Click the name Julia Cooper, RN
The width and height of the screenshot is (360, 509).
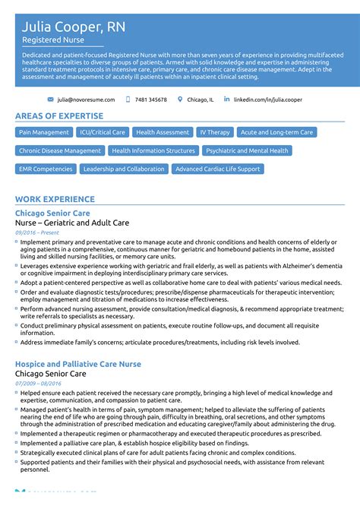pyautogui.click(x=74, y=27)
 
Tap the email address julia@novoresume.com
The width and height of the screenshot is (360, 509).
pyautogui.click(x=86, y=100)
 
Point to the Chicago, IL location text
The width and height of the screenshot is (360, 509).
pyautogui.click(x=201, y=100)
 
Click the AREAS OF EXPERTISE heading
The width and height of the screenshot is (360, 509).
pyautogui.click(x=59, y=116)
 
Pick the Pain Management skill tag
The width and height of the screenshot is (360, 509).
pyautogui.click(x=44, y=132)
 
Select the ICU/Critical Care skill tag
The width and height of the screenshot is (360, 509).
pyautogui.click(x=103, y=132)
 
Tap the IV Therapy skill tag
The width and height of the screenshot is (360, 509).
pyautogui.click(x=215, y=132)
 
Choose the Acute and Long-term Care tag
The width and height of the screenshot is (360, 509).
pyautogui.click(x=276, y=132)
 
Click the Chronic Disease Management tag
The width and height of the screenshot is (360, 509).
pyautogui.click(x=60, y=150)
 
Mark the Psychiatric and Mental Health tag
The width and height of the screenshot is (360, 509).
pyautogui.click(x=247, y=150)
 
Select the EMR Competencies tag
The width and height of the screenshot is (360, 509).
pyautogui.click(x=46, y=169)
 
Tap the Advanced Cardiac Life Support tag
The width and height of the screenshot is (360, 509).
pyautogui.click(x=217, y=169)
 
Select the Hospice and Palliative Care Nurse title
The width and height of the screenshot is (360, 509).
pyautogui.click(x=77, y=364)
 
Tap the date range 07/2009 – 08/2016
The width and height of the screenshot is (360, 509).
pyautogui.click(x=38, y=383)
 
